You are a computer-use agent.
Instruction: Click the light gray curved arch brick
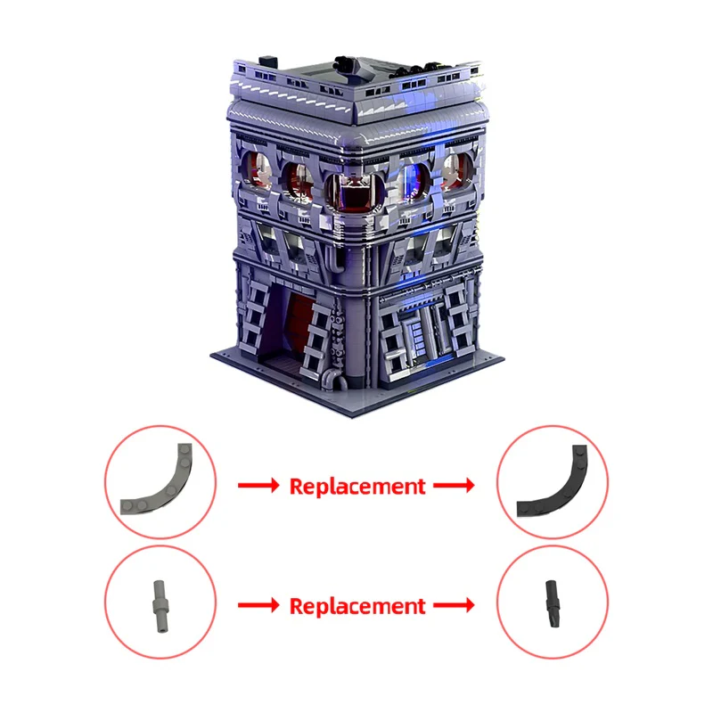click(x=175, y=491)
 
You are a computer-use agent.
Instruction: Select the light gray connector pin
click(x=160, y=606)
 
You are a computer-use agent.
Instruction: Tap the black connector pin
click(x=553, y=604)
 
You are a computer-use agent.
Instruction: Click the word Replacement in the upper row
click(x=357, y=486)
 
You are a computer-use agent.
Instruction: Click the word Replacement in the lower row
click(x=357, y=606)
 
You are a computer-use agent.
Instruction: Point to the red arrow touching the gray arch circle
click(x=258, y=485)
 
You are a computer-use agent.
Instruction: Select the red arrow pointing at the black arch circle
click(x=454, y=485)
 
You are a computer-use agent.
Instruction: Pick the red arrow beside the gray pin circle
click(x=258, y=605)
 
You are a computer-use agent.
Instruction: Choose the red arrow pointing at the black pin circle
click(x=454, y=605)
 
